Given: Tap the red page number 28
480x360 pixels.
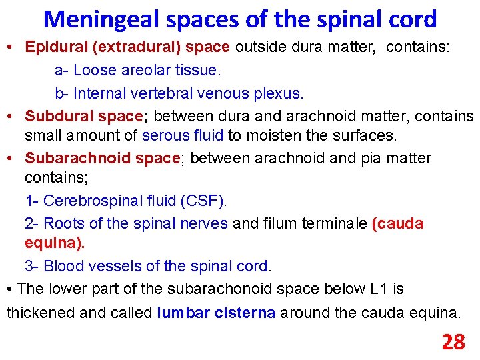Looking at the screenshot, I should [453, 342].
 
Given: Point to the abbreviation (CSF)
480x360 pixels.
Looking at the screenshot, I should [205, 200].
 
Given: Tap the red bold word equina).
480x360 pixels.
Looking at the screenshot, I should [55, 244].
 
